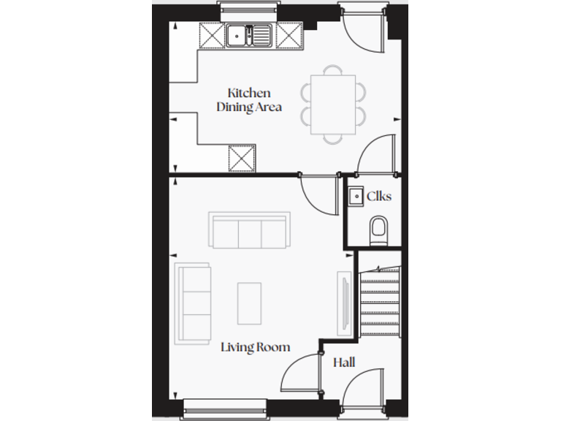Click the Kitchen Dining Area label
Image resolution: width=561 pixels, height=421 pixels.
249,100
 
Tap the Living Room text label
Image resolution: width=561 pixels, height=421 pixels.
255,347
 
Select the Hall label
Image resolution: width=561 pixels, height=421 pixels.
344,363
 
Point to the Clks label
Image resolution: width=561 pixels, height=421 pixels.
379,196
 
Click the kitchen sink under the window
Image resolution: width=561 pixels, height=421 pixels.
248,34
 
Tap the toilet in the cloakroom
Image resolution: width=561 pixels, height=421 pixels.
379,230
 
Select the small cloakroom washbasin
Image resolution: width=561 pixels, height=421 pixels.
355,196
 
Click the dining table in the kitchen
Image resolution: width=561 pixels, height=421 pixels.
333,104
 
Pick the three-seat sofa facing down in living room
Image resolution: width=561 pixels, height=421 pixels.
249,231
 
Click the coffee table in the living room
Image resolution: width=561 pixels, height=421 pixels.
249,303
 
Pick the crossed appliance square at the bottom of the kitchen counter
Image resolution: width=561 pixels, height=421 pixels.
242,157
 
